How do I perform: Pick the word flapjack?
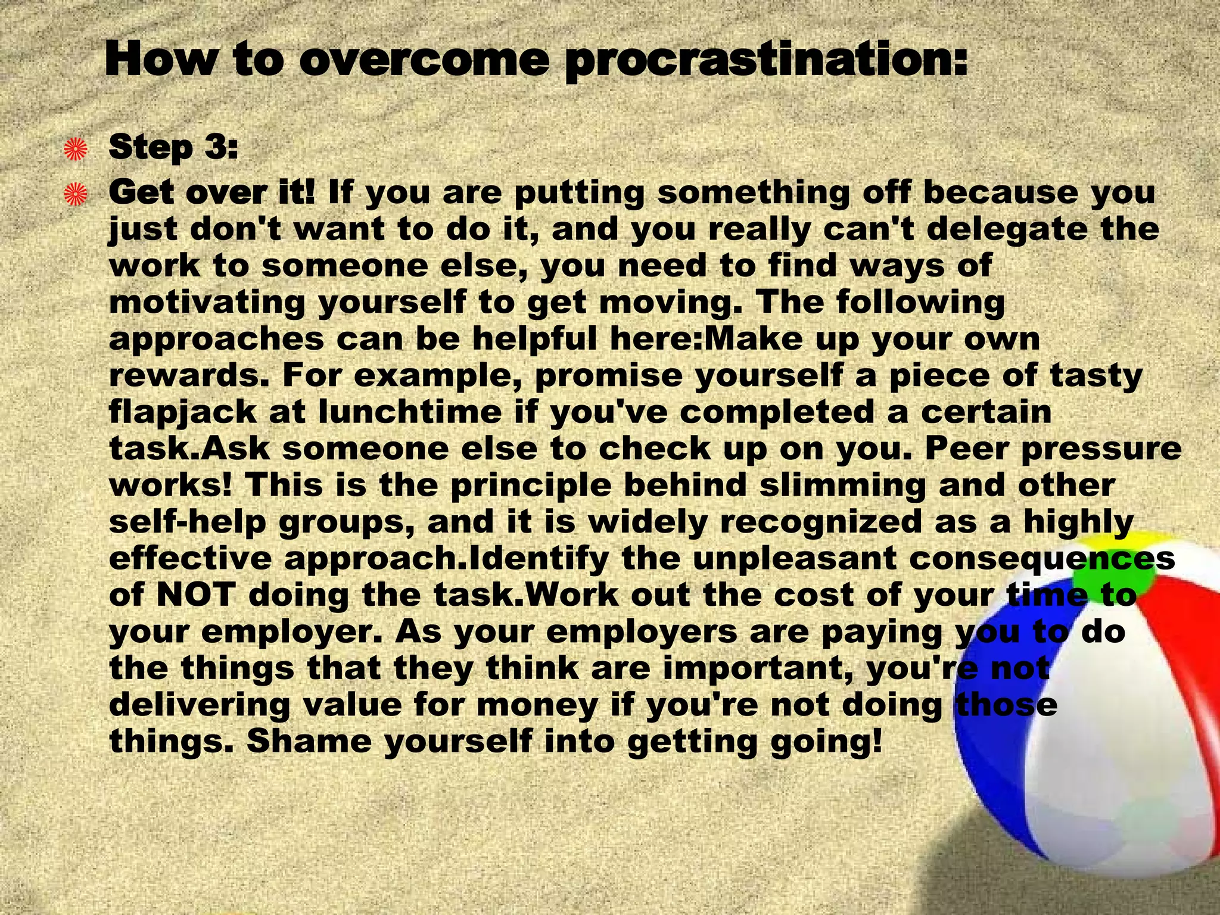tap(183, 413)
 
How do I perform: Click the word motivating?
tap(207, 303)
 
